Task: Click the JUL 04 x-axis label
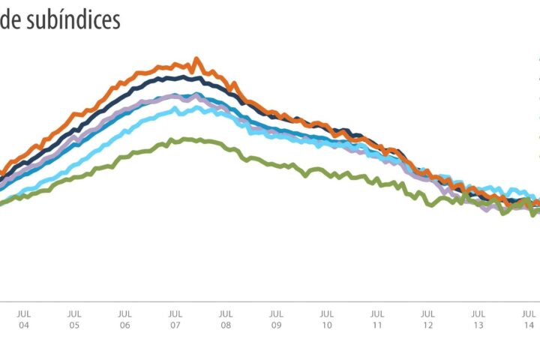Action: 23,319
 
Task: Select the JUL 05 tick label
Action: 73,319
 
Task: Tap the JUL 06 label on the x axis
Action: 124,319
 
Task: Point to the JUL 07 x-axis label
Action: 175,319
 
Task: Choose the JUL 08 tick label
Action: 226,319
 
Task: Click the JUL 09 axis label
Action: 276,319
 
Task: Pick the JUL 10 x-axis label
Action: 326,319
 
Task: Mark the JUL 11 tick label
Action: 377,319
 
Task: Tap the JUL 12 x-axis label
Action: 427,319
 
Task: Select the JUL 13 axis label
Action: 478,319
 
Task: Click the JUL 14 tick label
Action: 529,319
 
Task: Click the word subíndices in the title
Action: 73,21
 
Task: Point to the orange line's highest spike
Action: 196,58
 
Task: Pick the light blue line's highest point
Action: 196,106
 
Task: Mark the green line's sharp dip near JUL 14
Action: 533,214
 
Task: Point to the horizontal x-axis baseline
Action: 270,301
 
